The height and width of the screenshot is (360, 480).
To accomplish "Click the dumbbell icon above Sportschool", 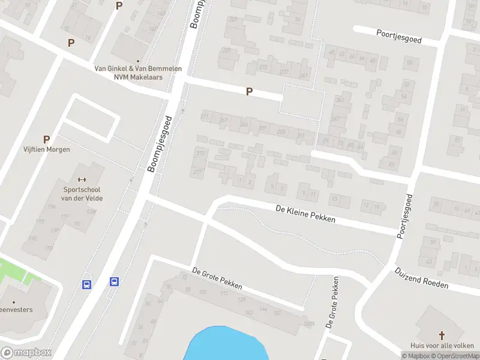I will click(x=82, y=179).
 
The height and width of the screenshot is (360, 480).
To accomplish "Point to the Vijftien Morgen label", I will click(x=46, y=149).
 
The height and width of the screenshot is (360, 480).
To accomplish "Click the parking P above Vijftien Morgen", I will click(x=46, y=139).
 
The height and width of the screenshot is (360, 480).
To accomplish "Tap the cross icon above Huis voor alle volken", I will click(x=442, y=335).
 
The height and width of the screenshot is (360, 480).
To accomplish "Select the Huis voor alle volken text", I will click(x=442, y=346).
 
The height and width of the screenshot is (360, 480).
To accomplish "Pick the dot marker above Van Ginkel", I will click(x=138, y=61).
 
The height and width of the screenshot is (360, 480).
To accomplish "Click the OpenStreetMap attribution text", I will click(x=458, y=356).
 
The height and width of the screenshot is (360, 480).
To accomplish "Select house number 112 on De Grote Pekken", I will click(x=223, y=294).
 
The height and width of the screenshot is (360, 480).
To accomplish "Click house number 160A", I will click(x=310, y=325).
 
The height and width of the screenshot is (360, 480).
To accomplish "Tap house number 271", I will click(x=205, y=116).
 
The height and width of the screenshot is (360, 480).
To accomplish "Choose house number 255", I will click(x=281, y=132).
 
